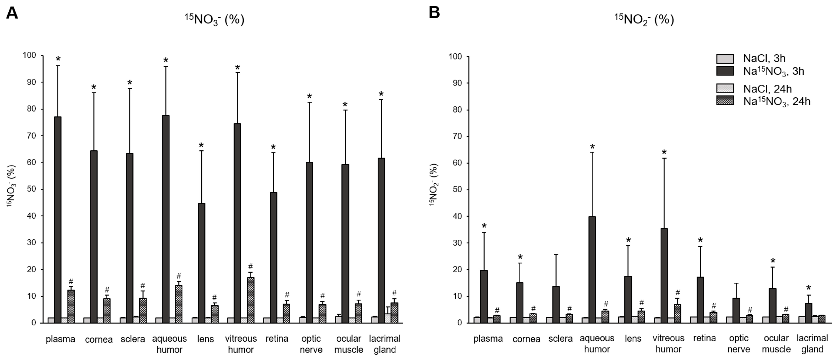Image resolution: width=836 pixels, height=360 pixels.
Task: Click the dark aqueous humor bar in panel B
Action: [592, 269]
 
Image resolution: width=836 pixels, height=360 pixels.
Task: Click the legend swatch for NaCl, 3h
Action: [725, 59]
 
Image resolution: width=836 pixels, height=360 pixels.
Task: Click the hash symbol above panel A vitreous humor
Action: [250, 266]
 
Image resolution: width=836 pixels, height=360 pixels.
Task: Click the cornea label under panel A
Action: [99, 339]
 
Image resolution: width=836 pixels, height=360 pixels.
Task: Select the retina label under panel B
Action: [704, 338]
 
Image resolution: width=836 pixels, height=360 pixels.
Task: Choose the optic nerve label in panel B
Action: [739, 344]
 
